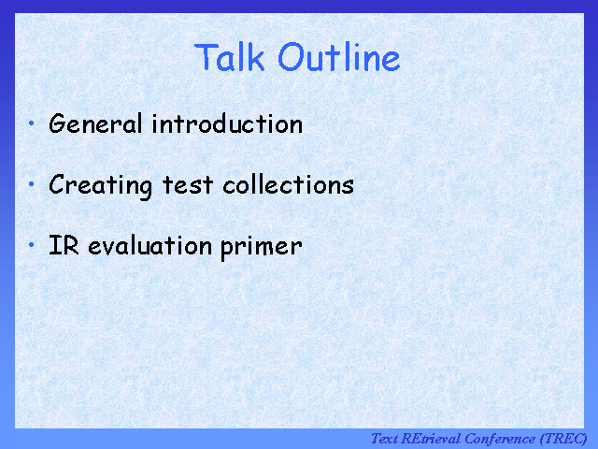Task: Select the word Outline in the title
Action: click(x=339, y=58)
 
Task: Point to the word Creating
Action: click(x=101, y=185)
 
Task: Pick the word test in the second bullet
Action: click(x=188, y=185)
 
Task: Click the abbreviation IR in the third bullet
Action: click(x=62, y=246)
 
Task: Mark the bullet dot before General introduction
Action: click(x=32, y=123)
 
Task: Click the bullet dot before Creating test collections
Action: click(x=32, y=184)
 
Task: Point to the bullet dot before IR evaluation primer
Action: click(x=32, y=245)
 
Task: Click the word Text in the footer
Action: click(x=385, y=439)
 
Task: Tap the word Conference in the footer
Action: click(x=500, y=439)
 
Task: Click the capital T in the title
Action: click(x=206, y=58)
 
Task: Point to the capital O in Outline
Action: click(x=291, y=58)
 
